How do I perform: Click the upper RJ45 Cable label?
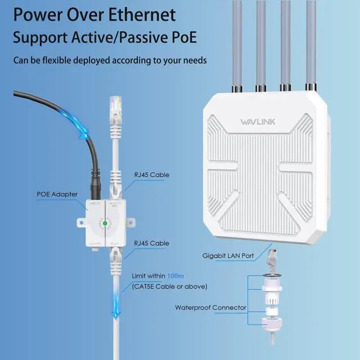point(151,175)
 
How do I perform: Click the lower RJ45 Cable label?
point(151,243)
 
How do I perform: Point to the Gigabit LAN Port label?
point(228,255)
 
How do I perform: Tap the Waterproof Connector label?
point(210,307)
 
